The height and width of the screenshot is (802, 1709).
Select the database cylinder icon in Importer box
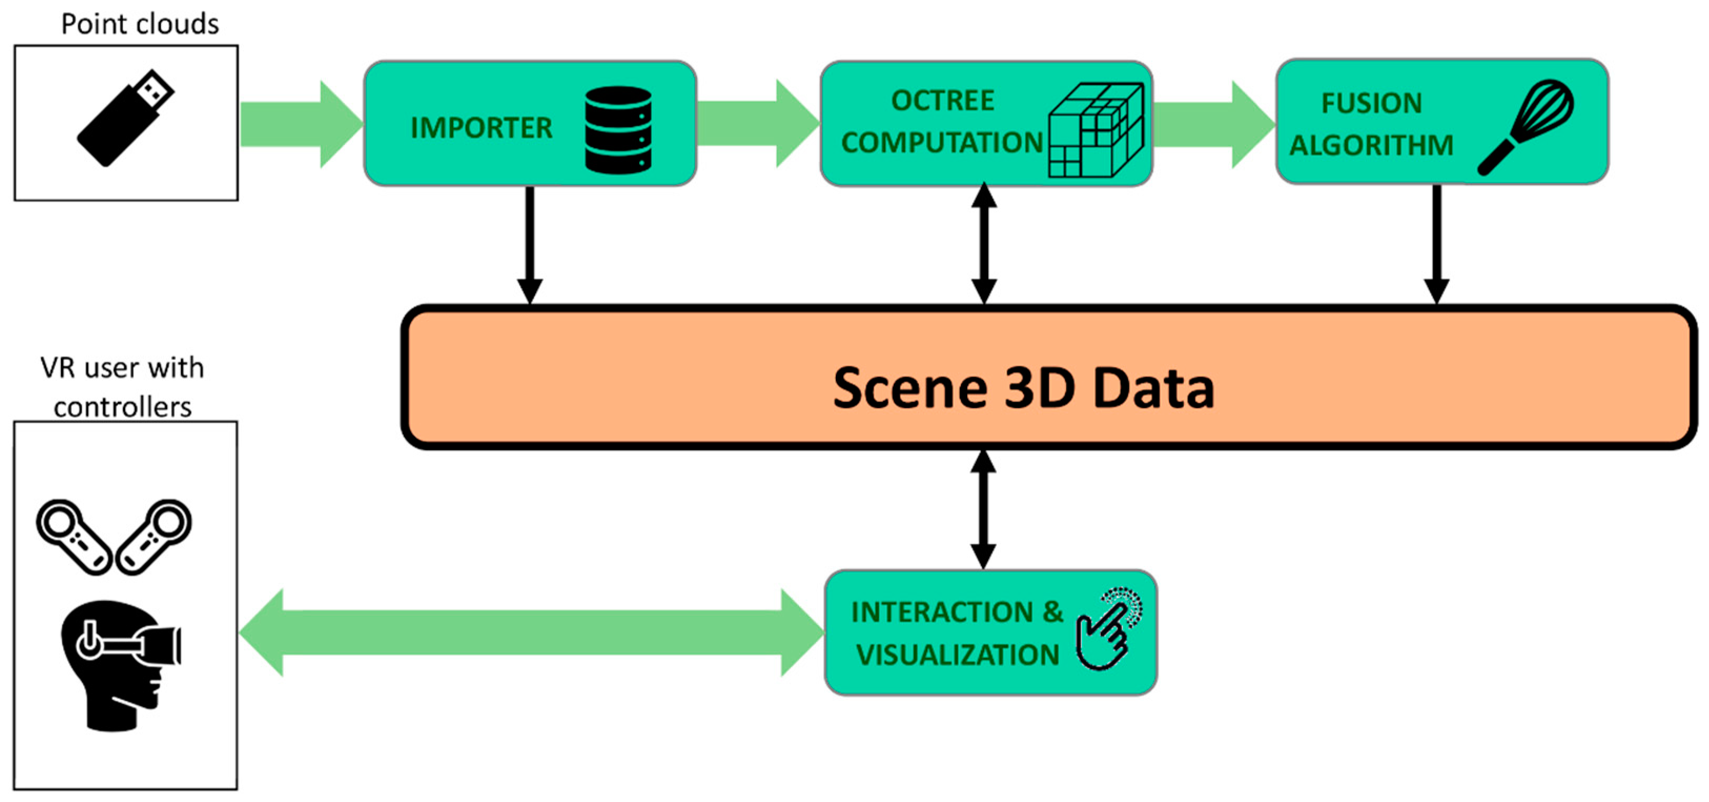[618, 129]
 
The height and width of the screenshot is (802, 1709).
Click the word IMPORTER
[481, 127]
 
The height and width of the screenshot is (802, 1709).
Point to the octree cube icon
[1096, 130]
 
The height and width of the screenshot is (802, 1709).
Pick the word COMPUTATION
[942, 143]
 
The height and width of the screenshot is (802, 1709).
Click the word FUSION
[1372, 104]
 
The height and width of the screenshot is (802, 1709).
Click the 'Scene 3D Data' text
[1023, 388]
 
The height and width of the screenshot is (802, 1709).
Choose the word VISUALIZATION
[957, 655]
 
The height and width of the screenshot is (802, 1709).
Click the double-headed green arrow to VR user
[531, 633]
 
